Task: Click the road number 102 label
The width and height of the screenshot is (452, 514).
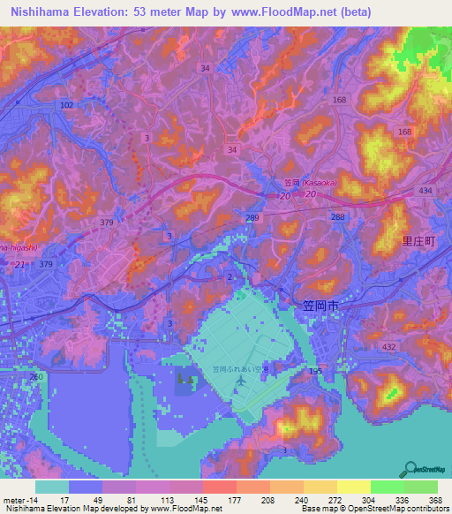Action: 66,104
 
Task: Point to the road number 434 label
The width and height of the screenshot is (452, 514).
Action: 425,192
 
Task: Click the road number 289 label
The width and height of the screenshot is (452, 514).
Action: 253,216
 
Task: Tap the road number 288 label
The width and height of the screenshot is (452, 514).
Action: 337,216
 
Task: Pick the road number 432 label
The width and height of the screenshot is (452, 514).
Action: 389,348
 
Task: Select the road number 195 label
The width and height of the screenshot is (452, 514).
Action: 315,374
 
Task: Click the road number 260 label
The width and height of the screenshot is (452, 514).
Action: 35,377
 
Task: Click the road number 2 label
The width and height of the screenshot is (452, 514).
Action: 230,277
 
